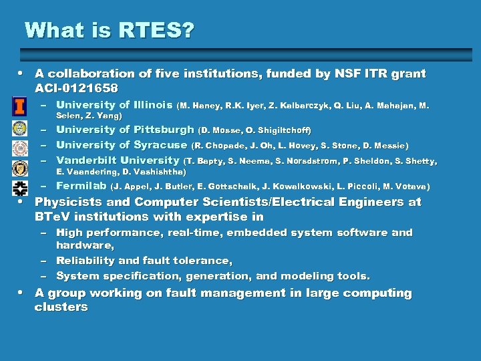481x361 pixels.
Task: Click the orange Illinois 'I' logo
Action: [20, 106]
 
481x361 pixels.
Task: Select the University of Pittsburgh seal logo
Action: [20, 128]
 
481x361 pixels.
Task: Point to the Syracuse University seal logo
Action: [20, 145]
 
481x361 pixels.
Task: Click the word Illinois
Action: [153, 104]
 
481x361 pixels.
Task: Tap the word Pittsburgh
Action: [164, 130]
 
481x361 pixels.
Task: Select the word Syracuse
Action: [160, 144]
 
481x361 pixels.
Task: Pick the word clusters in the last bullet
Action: [61, 308]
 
